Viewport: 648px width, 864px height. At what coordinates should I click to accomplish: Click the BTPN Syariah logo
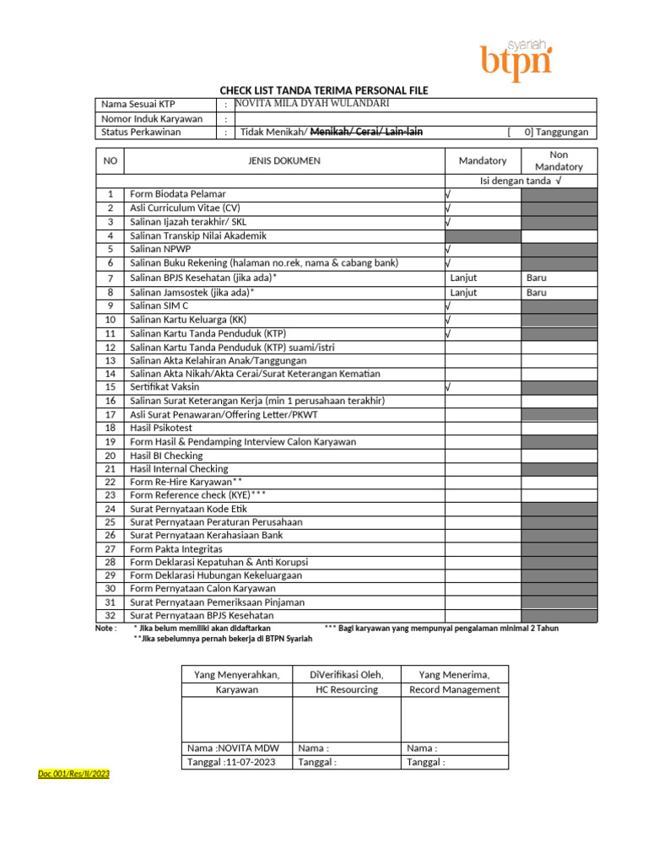[x=516, y=61]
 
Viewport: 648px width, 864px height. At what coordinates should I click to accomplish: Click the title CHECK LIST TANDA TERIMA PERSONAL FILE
[x=324, y=90]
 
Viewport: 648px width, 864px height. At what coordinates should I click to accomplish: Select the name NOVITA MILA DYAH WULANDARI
[x=311, y=104]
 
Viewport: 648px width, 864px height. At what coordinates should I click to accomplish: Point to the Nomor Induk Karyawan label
[x=152, y=118]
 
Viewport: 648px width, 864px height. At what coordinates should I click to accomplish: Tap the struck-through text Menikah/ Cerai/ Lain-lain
[x=367, y=132]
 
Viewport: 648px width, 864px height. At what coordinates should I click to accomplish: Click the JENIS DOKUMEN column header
[x=283, y=160]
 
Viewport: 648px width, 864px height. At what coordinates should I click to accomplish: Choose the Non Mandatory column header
[x=559, y=160]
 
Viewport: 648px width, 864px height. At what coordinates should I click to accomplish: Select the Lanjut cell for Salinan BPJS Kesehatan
[x=463, y=277]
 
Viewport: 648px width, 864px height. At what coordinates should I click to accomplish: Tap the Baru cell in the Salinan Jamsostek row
[x=537, y=292]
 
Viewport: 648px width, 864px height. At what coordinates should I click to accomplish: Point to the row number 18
[x=110, y=428]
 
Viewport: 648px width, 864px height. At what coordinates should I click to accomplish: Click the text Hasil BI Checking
[x=166, y=456]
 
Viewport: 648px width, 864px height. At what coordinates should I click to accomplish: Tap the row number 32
[x=110, y=616]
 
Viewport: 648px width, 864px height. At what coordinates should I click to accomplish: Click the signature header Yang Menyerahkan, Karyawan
[x=237, y=682]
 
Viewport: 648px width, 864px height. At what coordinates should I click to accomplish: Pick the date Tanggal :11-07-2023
[x=232, y=762]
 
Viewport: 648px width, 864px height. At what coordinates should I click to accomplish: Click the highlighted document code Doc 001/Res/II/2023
[x=74, y=774]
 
